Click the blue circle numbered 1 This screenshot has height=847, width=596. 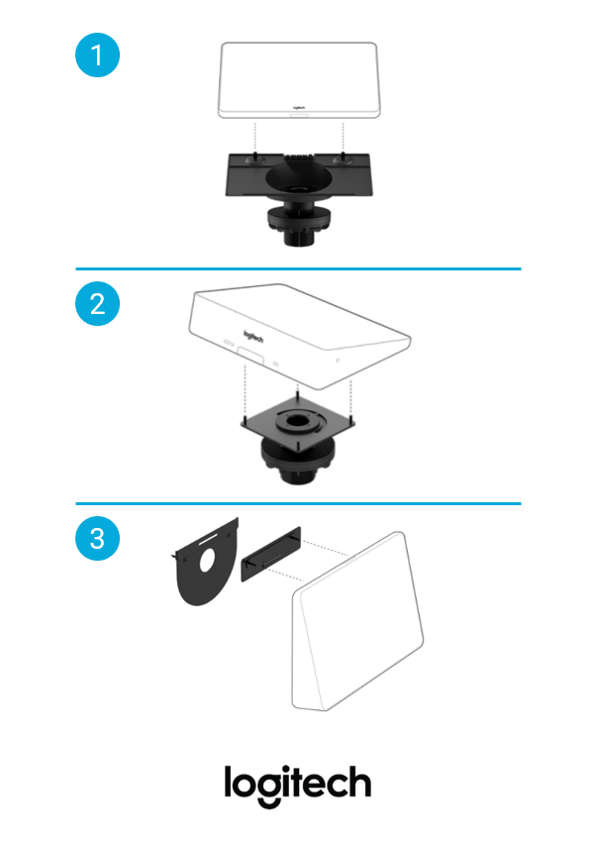tap(97, 55)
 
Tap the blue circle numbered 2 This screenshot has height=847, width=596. tap(97, 303)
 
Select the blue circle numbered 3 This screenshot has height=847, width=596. tap(97, 539)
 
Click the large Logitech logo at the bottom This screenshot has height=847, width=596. tap(297, 785)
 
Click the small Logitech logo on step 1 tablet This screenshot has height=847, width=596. tap(299, 108)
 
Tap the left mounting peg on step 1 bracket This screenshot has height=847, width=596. tap(252, 159)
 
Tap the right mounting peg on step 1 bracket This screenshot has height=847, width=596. tap(342, 159)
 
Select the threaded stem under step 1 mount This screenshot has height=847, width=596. tap(299, 236)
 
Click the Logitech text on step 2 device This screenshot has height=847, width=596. tap(253, 337)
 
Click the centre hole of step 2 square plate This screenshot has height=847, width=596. tap(297, 420)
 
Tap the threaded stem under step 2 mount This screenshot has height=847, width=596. tap(298, 475)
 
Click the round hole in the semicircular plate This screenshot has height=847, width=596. tap(207, 561)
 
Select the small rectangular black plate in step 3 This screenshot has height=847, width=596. tap(271, 554)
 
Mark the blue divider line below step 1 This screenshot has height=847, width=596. tap(299, 268)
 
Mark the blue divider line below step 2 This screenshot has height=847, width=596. tap(299, 503)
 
